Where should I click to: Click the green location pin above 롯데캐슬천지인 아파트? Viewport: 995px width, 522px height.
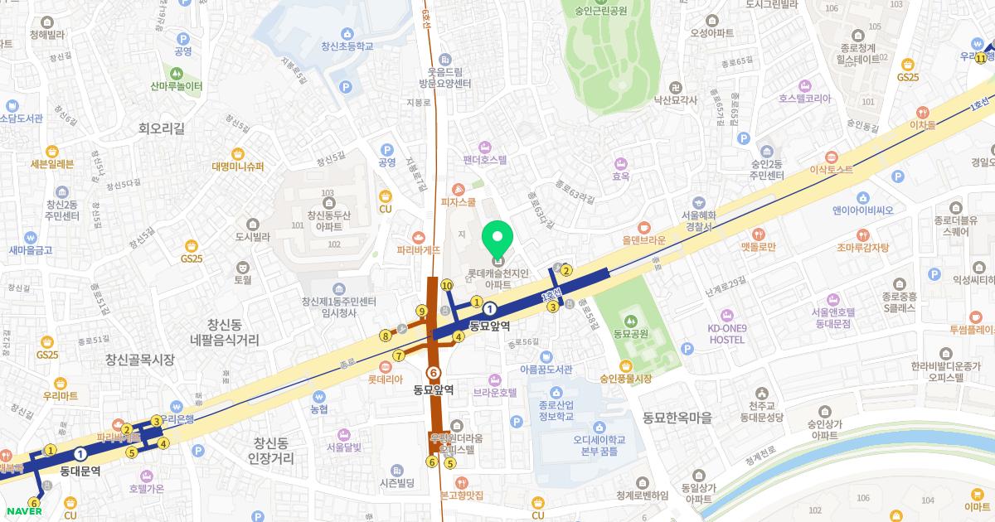pos(498,239)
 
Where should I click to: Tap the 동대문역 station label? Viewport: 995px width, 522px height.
pos(80,471)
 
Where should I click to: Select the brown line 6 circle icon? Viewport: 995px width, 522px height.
pos(432,373)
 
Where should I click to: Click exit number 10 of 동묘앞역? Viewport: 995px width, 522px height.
pos(447,285)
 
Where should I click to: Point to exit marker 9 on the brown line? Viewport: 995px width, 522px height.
pos(421,312)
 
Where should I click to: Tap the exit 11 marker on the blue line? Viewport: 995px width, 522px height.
pos(981,58)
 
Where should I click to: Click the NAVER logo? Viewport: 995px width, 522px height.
pos(23,510)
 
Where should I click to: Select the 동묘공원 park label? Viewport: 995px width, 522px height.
pos(629,333)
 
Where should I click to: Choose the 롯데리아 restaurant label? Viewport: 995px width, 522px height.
pos(385,379)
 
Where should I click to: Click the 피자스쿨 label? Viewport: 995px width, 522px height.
pos(458,201)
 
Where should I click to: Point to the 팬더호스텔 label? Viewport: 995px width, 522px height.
pos(485,159)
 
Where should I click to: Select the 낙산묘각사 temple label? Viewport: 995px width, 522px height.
pos(676,99)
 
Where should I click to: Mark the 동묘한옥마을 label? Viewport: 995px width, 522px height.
pos(677,418)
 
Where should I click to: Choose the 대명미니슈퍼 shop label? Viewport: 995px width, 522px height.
pos(237,166)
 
